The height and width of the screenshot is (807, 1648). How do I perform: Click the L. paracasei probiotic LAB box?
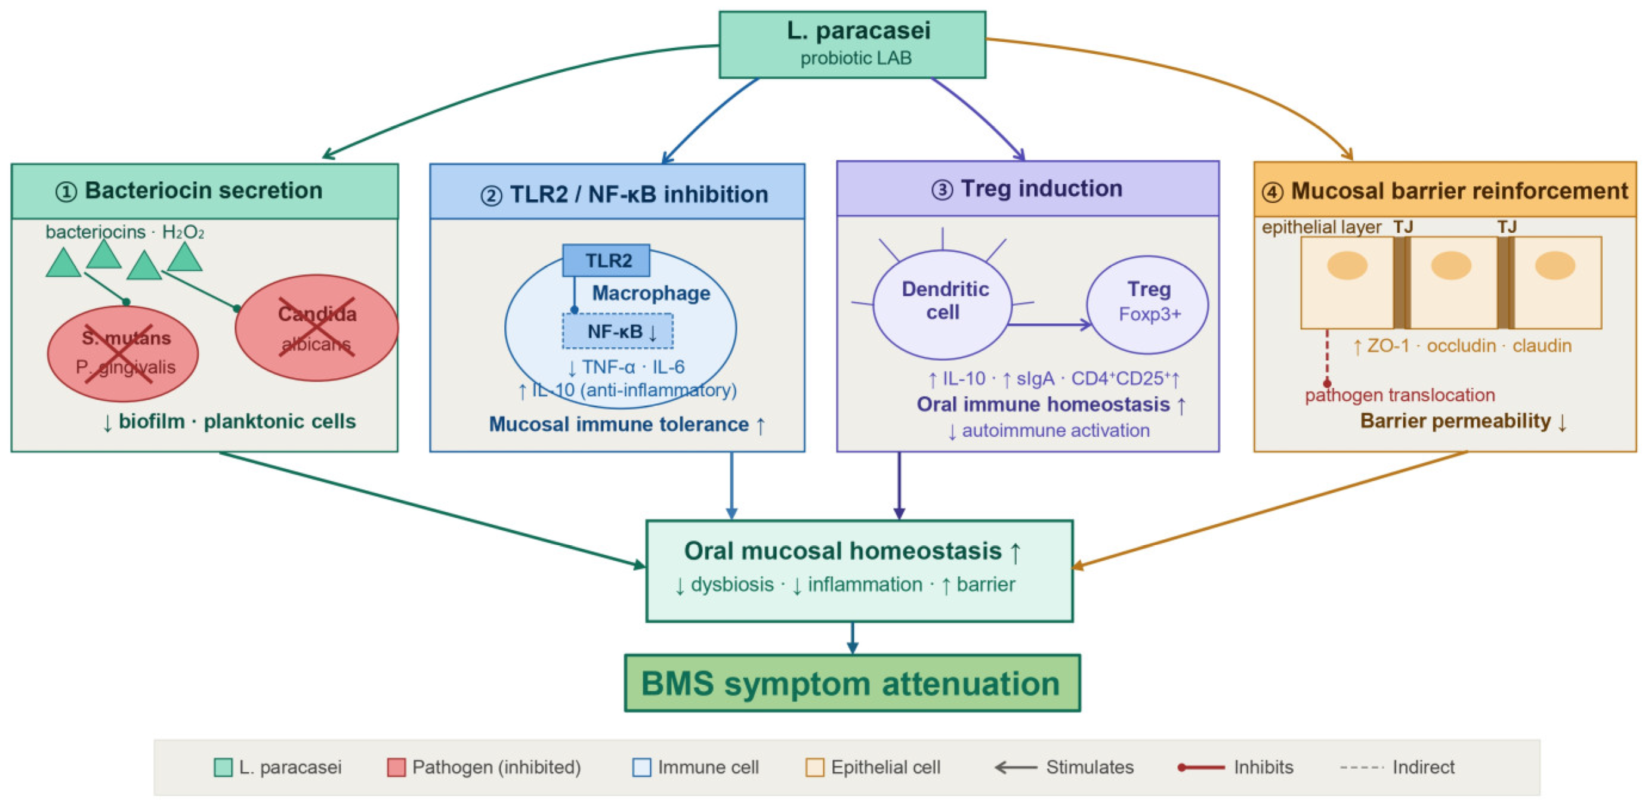(852, 45)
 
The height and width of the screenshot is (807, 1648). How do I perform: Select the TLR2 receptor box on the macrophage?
(606, 260)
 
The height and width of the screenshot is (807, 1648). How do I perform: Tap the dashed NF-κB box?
(618, 331)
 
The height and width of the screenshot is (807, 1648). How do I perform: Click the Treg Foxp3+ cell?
(1148, 305)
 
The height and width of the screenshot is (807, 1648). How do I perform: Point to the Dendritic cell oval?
(942, 304)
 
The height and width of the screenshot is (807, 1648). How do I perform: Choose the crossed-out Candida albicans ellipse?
(317, 327)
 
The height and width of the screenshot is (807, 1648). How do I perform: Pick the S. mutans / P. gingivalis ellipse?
(123, 353)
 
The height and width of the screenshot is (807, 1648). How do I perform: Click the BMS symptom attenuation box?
(852, 683)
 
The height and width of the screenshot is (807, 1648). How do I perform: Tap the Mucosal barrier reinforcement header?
(1445, 190)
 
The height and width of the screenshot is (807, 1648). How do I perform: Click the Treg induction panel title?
(1027, 188)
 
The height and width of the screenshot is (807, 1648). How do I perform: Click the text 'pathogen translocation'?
(1400, 395)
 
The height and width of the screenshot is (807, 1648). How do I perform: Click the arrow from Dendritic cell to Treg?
(1050, 325)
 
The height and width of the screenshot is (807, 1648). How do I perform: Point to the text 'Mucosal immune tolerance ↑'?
(627, 425)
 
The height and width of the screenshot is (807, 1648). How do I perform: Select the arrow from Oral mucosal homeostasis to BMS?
(852, 638)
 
